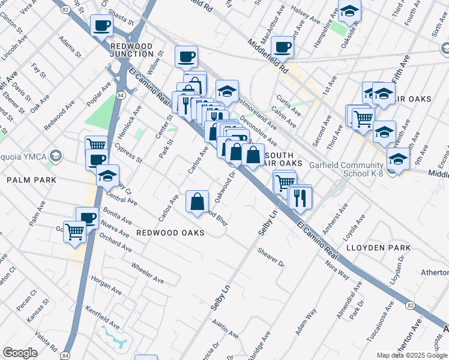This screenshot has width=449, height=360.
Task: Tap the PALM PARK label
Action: point(31,180)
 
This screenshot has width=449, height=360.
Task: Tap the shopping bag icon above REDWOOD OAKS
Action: point(197,202)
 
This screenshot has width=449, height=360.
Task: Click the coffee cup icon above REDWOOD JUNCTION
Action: point(101,26)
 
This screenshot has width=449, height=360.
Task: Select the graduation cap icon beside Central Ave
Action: point(107,176)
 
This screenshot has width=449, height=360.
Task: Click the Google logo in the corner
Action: point(20,353)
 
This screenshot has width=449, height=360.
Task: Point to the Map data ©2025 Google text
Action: point(412,355)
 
